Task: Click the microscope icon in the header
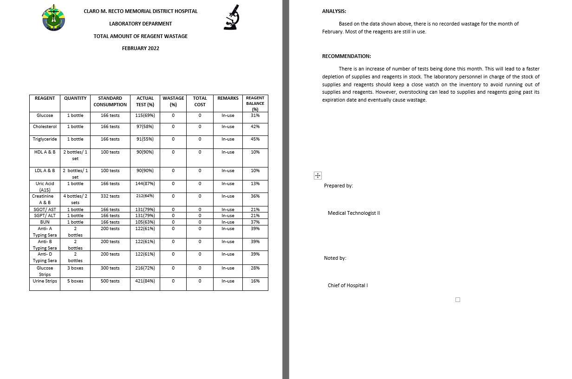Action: point(232,18)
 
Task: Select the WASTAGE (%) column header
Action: point(173,101)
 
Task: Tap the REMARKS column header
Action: point(228,98)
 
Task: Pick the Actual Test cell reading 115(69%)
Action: point(145,116)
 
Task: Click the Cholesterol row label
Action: point(45,127)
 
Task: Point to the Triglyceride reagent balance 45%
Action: point(255,139)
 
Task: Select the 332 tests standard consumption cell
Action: point(110,196)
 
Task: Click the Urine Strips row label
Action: point(45,281)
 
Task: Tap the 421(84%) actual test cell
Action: point(145,281)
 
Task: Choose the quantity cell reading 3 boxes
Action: point(75,268)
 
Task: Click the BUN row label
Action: point(45,222)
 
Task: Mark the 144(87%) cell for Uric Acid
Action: point(145,184)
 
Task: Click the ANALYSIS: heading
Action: point(334,12)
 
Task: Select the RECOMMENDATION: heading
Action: point(346,56)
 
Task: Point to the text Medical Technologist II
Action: point(354,213)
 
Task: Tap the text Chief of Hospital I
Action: point(348,286)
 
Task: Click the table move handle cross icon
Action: point(318,175)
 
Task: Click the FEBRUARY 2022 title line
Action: point(140,48)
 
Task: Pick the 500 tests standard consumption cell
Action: point(110,281)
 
